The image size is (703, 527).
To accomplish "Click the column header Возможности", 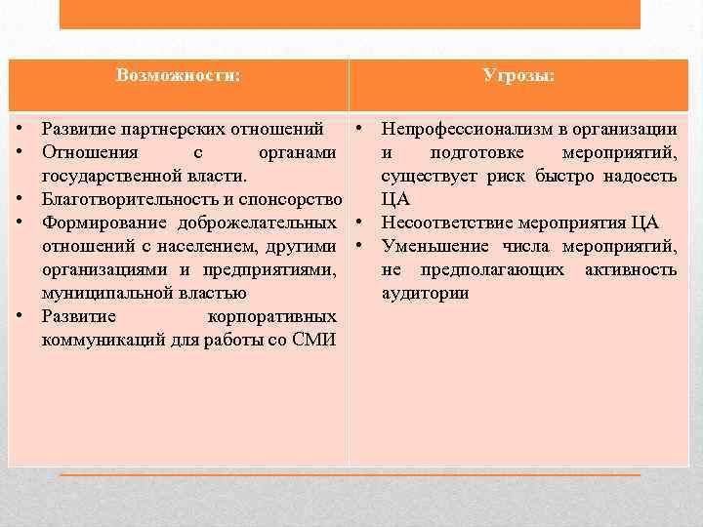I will click(x=178, y=75).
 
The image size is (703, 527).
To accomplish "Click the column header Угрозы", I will click(x=518, y=75).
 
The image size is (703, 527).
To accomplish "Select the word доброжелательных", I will click(x=258, y=223).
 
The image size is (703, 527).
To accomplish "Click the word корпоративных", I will click(x=272, y=316).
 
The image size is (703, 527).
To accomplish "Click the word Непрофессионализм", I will click(x=459, y=129).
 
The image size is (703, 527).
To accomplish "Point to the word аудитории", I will click(x=425, y=293).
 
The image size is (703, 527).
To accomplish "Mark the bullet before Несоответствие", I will click(x=360, y=223).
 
